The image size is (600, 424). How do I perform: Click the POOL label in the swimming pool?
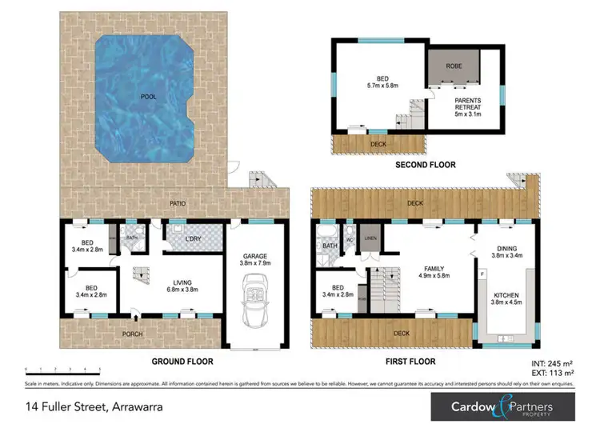pyautogui.click(x=148, y=97)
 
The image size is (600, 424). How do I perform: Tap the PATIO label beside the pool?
pyautogui.click(x=178, y=203)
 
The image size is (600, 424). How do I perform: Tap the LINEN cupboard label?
pyautogui.click(x=369, y=237)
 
